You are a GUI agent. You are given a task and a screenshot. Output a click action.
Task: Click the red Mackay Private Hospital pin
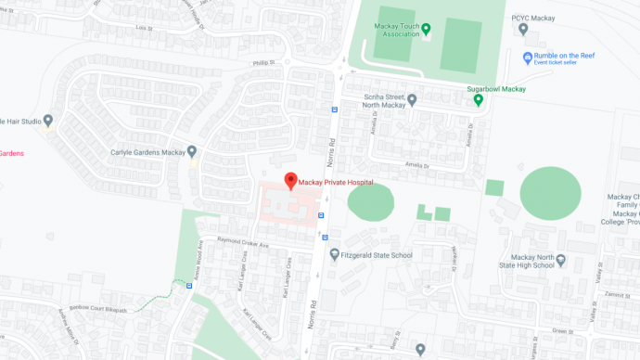tap(289, 180)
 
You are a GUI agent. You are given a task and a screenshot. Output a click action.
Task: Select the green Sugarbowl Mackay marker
tap(479, 99)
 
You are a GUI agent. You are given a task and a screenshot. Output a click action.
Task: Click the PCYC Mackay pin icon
tap(524, 29)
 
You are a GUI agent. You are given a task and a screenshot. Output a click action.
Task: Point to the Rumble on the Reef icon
tap(528, 58)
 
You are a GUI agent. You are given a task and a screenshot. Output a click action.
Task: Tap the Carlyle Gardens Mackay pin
tap(192, 151)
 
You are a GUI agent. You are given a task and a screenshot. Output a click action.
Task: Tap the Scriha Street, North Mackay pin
tap(413, 97)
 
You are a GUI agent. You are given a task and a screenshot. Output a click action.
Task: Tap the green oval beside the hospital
tap(370, 202)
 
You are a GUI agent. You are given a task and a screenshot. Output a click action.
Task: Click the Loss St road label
tap(143, 28)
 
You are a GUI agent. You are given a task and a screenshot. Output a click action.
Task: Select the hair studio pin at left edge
tap(48, 121)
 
